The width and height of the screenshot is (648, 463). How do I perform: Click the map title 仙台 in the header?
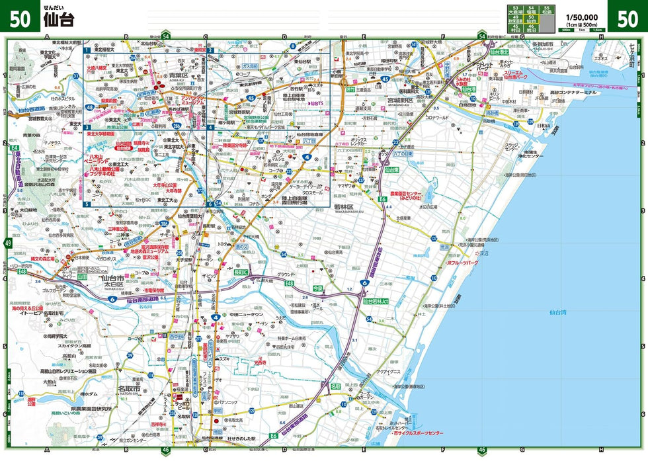59,19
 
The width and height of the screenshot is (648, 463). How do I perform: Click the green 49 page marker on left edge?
8,244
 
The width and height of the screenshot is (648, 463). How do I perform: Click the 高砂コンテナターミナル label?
571,92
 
